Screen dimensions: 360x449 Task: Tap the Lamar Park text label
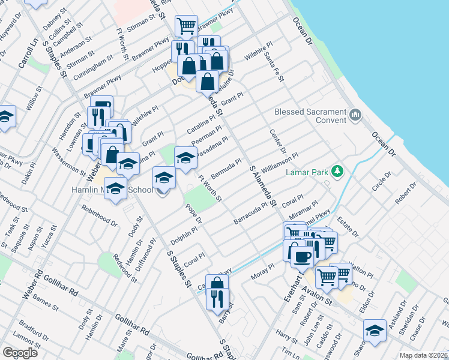pos(306,172)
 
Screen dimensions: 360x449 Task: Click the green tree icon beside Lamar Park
pos(337,172)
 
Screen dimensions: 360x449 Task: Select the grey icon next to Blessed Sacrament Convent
pos(355,114)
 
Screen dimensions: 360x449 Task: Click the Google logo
pos(20,353)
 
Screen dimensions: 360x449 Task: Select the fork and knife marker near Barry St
pos(217,298)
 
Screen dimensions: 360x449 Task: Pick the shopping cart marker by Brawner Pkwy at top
pos(186,26)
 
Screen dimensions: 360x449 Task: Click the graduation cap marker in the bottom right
pos(375,330)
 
